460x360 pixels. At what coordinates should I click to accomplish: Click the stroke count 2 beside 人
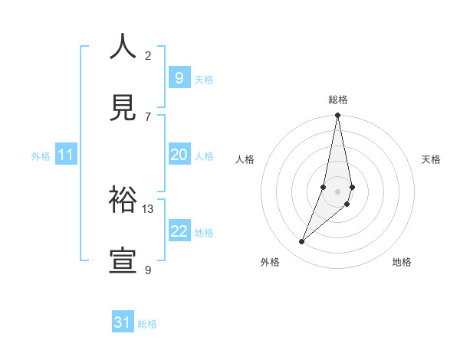click(x=148, y=55)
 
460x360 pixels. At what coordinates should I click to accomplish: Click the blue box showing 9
click(x=179, y=78)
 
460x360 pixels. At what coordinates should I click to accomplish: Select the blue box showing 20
click(x=179, y=155)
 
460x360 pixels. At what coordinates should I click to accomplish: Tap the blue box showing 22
click(x=179, y=232)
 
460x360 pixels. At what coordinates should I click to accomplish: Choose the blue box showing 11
click(x=65, y=155)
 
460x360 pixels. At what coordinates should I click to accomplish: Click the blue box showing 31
click(x=123, y=323)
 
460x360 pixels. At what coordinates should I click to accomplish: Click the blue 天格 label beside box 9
click(x=204, y=79)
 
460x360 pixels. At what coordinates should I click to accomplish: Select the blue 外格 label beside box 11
click(x=41, y=156)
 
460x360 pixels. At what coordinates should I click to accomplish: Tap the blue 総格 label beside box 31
click(x=147, y=324)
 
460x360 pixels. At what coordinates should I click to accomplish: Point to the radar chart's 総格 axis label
click(x=337, y=100)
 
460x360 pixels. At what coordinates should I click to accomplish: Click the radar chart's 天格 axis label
click(x=431, y=159)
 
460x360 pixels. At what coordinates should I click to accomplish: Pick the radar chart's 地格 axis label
click(x=402, y=262)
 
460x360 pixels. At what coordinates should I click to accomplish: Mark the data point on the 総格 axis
click(x=337, y=116)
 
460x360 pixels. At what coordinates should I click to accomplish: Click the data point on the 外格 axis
click(x=301, y=241)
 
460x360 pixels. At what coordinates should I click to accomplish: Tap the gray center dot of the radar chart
click(x=337, y=191)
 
